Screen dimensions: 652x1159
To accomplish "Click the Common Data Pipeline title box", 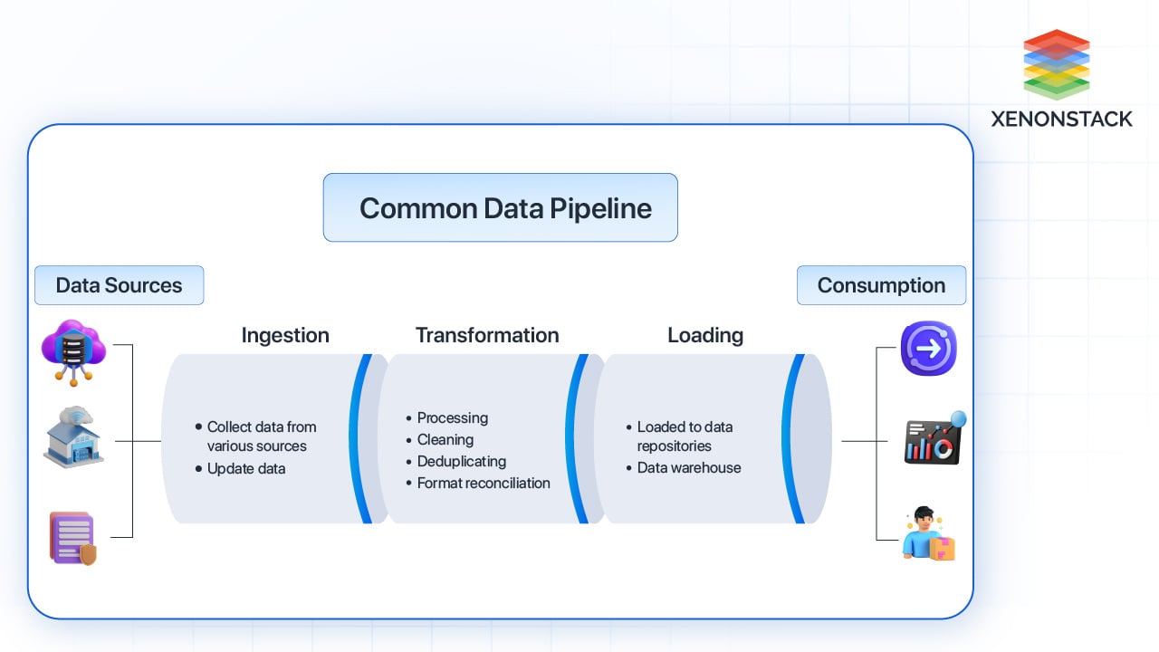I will click(x=500, y=208).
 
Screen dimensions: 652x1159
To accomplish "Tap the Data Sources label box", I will click(x=119, y=285).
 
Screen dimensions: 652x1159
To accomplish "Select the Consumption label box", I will click(x=881, y=285).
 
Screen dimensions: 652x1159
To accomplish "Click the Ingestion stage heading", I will click(x=285, y=335).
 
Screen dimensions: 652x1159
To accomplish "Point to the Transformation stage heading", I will click(x=487, y=335).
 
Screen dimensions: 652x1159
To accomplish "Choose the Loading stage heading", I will click(x=705, y=335).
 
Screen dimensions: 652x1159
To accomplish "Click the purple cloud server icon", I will click(x=73, y=351).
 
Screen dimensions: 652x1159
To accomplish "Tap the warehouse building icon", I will click(x=73, y=437).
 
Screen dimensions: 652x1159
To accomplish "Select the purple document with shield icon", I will click(x=72, y=538).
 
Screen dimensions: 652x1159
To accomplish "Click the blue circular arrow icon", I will click(x=928, y=349).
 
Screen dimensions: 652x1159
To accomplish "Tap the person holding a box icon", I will click(x=929, y=534).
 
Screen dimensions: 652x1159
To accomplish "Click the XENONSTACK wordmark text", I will click(x=1061, y=119).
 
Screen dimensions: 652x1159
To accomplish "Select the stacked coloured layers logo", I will click(x=1056, y=63).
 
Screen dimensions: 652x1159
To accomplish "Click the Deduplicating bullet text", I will click(x=461, y=461).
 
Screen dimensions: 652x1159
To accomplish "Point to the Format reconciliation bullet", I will click(x=483, y=483).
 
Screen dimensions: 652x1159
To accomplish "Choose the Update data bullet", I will click(x=245, y=468).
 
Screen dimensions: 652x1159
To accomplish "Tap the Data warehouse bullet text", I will click(x=688, y=467).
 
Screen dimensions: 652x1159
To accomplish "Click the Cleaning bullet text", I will click(x=445, y=439).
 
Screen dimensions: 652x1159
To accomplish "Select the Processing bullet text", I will click(x=452, y=417).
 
